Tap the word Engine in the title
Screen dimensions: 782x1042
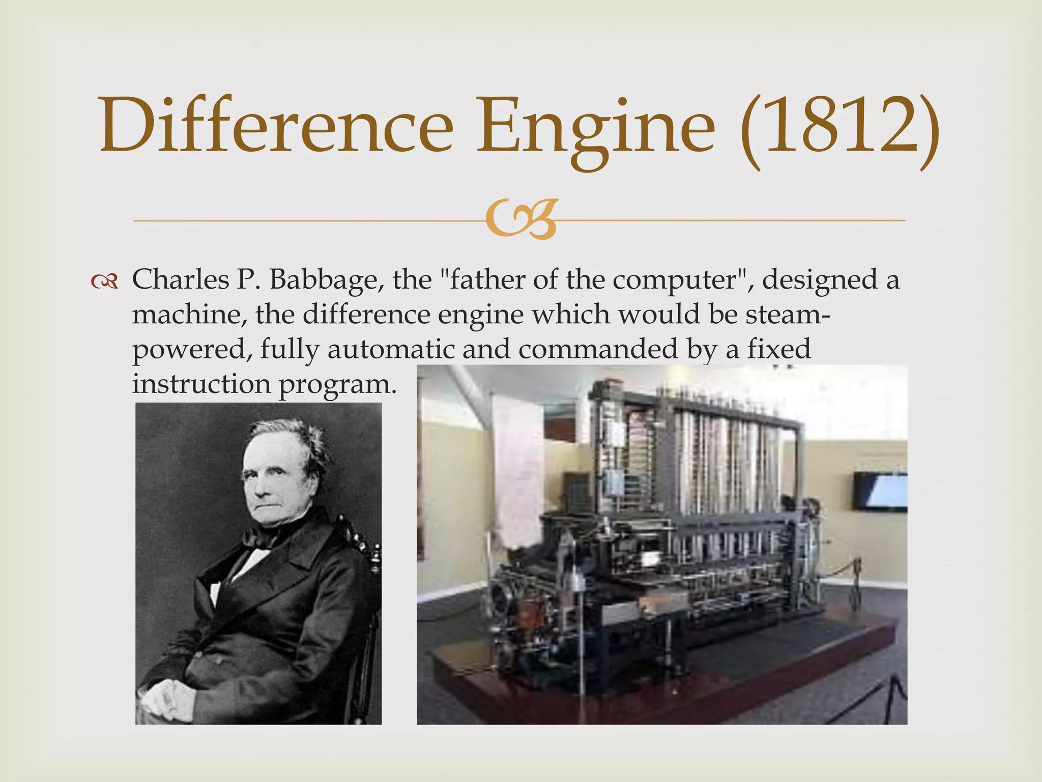(595, 127)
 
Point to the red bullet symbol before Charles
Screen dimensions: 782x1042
(105, 282)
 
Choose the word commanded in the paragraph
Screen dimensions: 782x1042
(598, 349)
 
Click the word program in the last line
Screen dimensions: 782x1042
(337, 384)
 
